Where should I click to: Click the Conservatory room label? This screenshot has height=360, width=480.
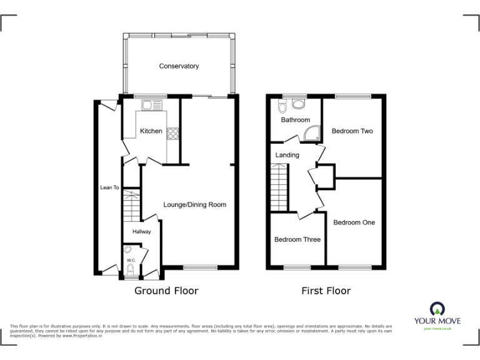point(179,66)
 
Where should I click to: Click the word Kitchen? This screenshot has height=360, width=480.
point(151,131)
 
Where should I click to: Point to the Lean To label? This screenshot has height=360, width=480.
point(109,187)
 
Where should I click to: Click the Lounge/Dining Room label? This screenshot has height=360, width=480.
point(194,204)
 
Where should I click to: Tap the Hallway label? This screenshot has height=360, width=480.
point(141,232)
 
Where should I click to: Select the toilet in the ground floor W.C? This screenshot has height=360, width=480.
point(130,269)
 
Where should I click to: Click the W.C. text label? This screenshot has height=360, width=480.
point(131,260)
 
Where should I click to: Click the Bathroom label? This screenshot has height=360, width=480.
point(295,119)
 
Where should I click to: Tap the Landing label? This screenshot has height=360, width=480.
point(287,155)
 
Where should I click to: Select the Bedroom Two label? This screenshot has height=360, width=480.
point(352,131)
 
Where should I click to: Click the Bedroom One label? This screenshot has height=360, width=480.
point(354,222)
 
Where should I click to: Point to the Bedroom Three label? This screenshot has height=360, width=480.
point(297,239)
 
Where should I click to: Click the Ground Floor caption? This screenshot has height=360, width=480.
point(166,291)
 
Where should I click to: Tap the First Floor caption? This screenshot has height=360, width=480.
point(326,291)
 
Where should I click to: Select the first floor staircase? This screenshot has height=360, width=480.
point(279,187)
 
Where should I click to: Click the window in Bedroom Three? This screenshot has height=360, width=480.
point(297,267)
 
